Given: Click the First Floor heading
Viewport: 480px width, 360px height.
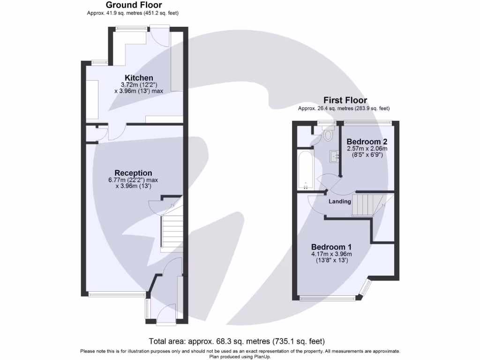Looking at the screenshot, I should (x=345, y=100).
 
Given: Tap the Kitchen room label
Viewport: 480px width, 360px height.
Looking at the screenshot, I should (x=139, y=78).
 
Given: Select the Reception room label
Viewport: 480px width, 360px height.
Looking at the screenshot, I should (x=134, y=173).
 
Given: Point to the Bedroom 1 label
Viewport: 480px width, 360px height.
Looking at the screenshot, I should (x=332, y=247).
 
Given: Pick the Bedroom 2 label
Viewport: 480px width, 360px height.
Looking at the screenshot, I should (x=367, y=142).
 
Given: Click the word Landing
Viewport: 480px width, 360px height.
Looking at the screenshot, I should (x=339, y=202).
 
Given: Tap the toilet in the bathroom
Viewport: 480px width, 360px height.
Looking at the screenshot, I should (x=328, y=135).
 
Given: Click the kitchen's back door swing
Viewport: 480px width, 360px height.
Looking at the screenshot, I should (x=160, y=37).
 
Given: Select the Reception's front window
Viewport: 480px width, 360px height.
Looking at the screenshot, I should (x=117, y=294).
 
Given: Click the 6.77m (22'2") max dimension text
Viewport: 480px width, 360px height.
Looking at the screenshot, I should (x=134, y=180).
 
